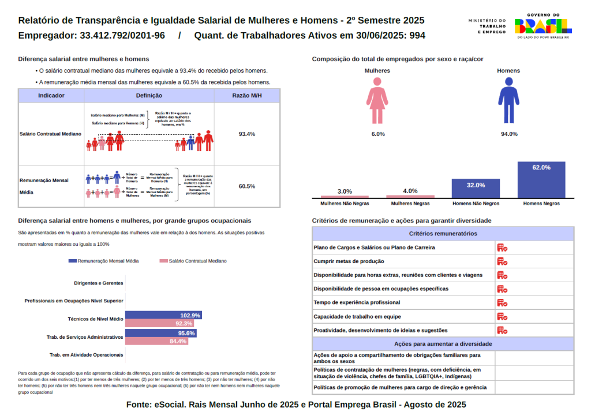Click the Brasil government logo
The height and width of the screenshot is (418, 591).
click(543, 26)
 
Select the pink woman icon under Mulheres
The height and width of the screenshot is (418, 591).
click(377, 101)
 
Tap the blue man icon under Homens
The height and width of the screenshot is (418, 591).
click(508, 101)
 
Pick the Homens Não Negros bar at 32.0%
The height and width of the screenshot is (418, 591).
click(476, 188)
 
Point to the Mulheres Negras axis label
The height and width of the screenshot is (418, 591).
click(410, 204)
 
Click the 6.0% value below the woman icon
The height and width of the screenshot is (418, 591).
click(378, 134)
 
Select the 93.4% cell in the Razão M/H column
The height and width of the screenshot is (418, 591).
click(246, 134)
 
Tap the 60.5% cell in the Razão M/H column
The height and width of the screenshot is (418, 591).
click(246, 186)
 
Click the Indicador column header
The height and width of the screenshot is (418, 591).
click(51, 95)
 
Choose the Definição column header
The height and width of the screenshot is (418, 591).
click(149, 95)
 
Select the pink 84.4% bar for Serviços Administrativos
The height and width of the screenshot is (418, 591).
click(156, 341)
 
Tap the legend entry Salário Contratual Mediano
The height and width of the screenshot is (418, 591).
click(193, 261)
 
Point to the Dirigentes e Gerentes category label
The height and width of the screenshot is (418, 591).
click(99, 283)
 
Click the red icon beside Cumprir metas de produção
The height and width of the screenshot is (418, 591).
click(502, 261)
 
